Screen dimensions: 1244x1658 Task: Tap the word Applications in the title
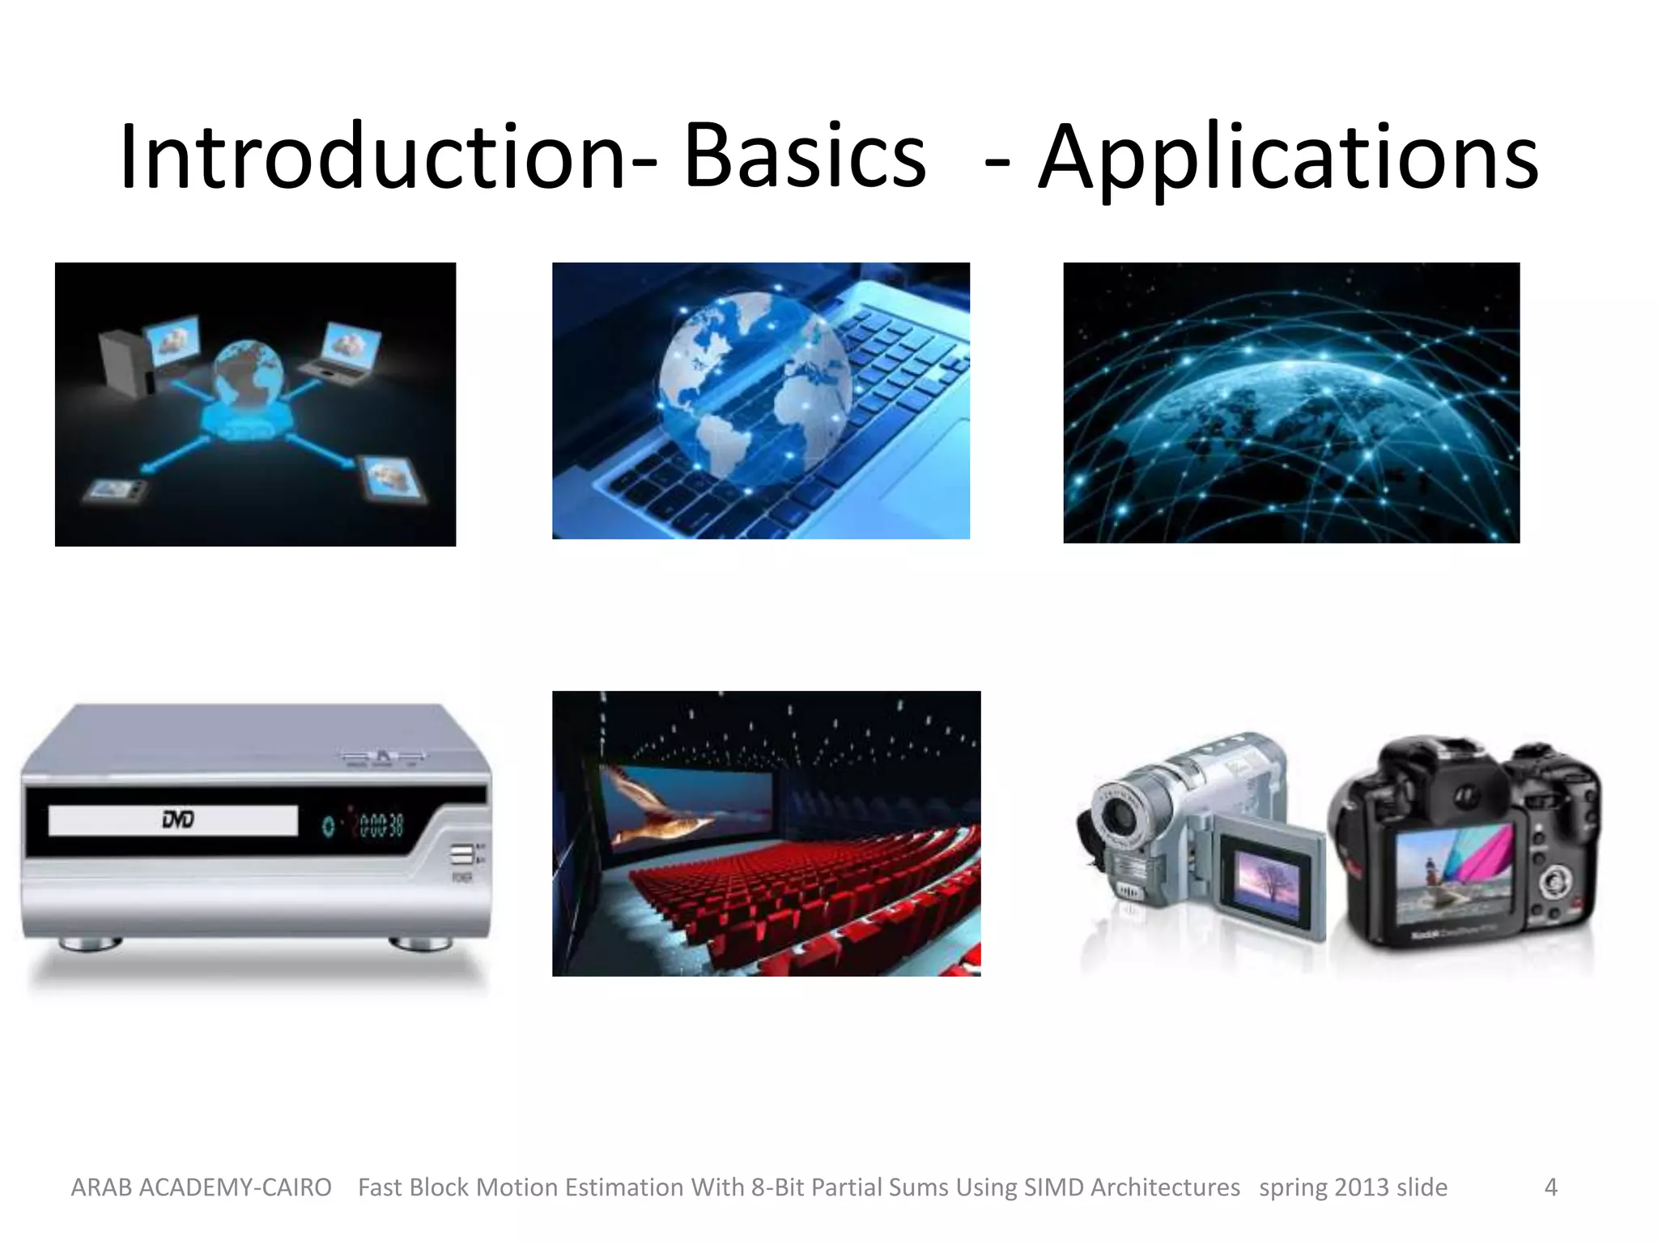1287,158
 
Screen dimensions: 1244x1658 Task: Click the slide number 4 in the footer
1550,1187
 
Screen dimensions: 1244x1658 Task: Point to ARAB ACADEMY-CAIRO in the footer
201,1187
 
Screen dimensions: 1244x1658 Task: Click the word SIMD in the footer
1053,1187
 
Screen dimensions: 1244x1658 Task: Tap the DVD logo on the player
177,820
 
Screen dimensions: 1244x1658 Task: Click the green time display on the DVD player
380,825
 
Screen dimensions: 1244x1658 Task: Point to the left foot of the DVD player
89,944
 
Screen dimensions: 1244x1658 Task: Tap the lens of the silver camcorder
1119,814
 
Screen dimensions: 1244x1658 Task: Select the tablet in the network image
394,478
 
